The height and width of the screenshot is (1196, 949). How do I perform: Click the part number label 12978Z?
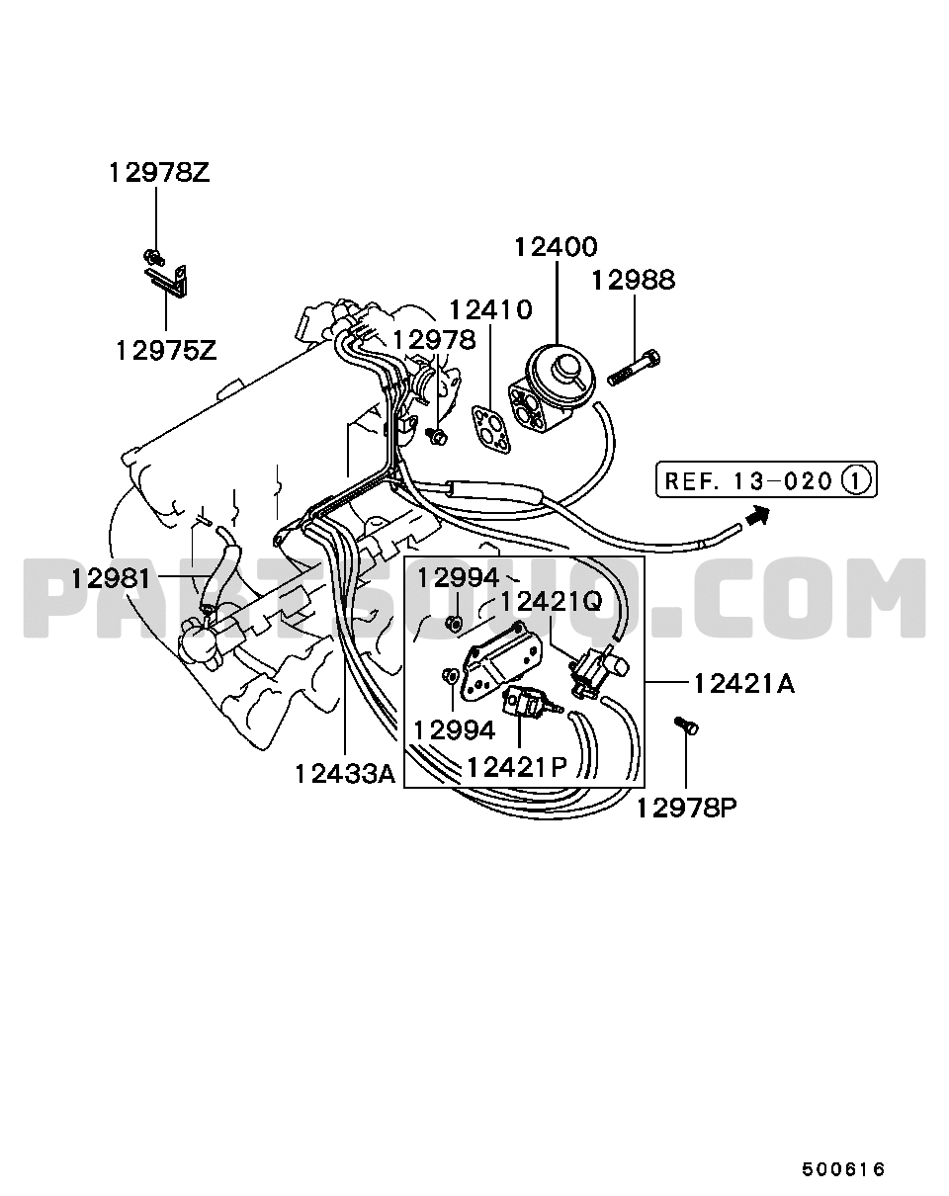159,173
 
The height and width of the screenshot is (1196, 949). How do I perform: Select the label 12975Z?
166,351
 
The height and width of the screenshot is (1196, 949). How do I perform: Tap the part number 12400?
556,247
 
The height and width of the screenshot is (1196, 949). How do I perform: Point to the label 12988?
634,280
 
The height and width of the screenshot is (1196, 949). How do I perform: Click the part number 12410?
491,309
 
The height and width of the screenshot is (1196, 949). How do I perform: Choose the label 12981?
111,579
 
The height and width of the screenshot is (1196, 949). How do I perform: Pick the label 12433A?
345,774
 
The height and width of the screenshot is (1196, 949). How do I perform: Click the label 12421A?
744,684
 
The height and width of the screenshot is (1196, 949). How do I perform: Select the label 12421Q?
552,601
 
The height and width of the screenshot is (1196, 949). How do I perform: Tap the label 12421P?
516,767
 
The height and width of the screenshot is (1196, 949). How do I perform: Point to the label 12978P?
687,809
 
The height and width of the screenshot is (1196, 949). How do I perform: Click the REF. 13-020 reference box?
767,479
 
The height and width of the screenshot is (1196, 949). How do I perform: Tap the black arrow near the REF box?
756,515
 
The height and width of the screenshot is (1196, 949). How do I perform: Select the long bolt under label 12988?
635,368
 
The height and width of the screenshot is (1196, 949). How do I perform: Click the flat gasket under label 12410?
492,430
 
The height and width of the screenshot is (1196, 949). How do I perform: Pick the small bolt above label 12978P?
686,726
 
